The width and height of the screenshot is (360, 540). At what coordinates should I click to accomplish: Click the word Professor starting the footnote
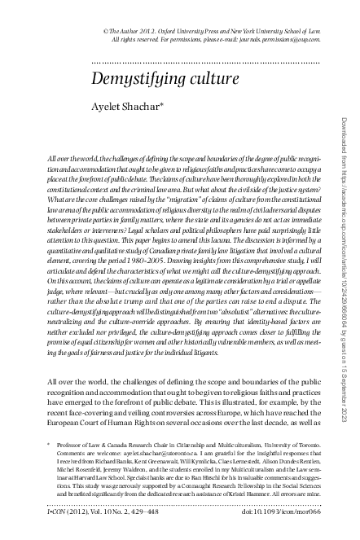(69, 448)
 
